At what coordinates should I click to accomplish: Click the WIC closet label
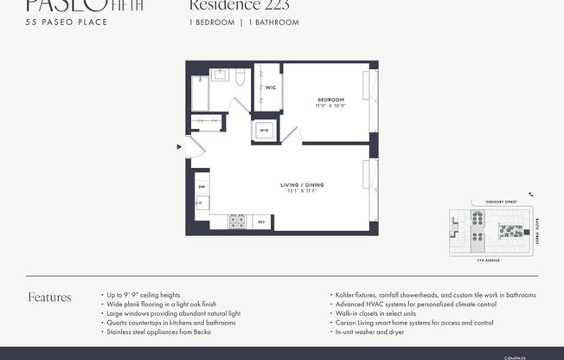[x=270, y=88]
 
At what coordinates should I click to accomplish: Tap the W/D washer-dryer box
[x=263, y=132]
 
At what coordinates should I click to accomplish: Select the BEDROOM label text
[x=330, y=100]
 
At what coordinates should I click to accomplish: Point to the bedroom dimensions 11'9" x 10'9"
[x=330, y=106]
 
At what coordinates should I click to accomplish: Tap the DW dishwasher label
[x=201, y=186]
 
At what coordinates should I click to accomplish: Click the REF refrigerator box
[x=261, y=222]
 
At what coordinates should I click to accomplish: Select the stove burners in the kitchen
[x=237, y=222]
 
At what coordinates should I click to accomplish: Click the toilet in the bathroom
[x=241, y=79]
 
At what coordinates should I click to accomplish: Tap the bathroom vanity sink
[x=219, y=75]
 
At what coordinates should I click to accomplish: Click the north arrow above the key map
[x=530, y=196]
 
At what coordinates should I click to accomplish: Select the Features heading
[x=49, y=298]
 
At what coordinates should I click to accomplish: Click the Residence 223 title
[x=239, y=6]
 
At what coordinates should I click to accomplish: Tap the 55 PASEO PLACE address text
[x=67, y=22]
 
